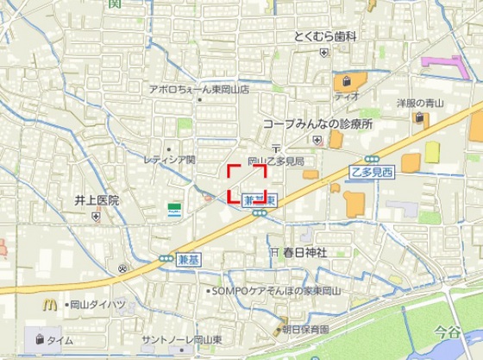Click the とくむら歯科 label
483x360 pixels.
tap(324, 35)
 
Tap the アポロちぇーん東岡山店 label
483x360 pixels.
tap(198, 89)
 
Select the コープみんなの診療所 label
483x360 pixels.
tap(317, 124)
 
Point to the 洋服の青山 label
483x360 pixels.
tap(419, 104)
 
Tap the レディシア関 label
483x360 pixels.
tap(169, 160)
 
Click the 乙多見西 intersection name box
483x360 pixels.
tap(372, 173)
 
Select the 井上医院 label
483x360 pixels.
tap(96, 200)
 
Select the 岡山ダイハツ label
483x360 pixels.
tap(97, 305)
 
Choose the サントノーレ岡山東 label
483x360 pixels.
tap(183, 339)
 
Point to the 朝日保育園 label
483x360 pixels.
tap(306, 329)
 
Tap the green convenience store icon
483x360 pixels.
tap(175, 209)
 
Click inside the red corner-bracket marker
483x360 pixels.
tap(247, 182)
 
